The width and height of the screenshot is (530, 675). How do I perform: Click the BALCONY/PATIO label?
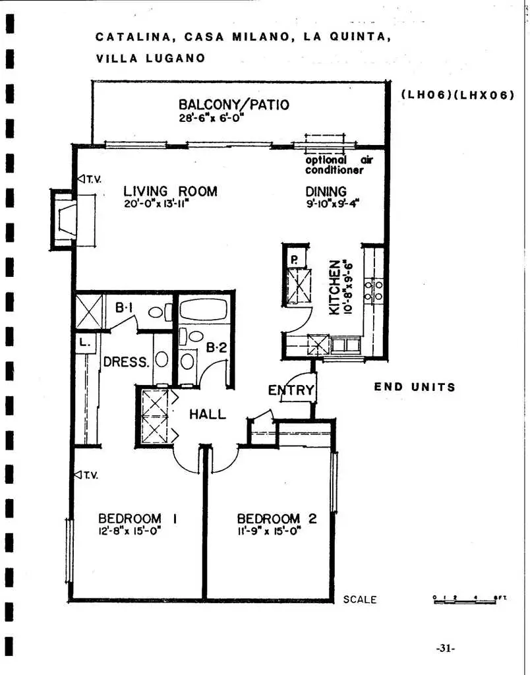pos(233,105)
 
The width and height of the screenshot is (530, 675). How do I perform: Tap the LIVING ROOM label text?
pos(170,192)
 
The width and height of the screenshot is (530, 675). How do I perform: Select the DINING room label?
pos(326,192)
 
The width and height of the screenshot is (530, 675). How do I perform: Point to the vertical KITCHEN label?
pos(336,286)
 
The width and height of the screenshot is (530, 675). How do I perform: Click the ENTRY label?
pos(291,390)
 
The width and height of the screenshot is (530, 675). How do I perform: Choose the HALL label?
pos(207,415)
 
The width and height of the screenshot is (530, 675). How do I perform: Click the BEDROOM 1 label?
pos(138,519)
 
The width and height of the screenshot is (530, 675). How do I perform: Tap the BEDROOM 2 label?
pos(276,519)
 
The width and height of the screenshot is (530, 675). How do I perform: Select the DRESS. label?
pos(125,362)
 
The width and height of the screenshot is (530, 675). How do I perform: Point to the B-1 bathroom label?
pos(125,307)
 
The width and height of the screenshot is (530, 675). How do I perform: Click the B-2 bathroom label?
pos(216,348)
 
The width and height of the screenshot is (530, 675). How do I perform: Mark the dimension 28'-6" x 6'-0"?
pos(212,118)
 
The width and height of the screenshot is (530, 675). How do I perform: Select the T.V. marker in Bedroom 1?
pos(88,475)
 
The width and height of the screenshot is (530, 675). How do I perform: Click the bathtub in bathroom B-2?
pos(203,310)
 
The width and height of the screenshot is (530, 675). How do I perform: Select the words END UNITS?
pos(415,387)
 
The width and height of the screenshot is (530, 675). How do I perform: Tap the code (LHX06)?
pos(486,95)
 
